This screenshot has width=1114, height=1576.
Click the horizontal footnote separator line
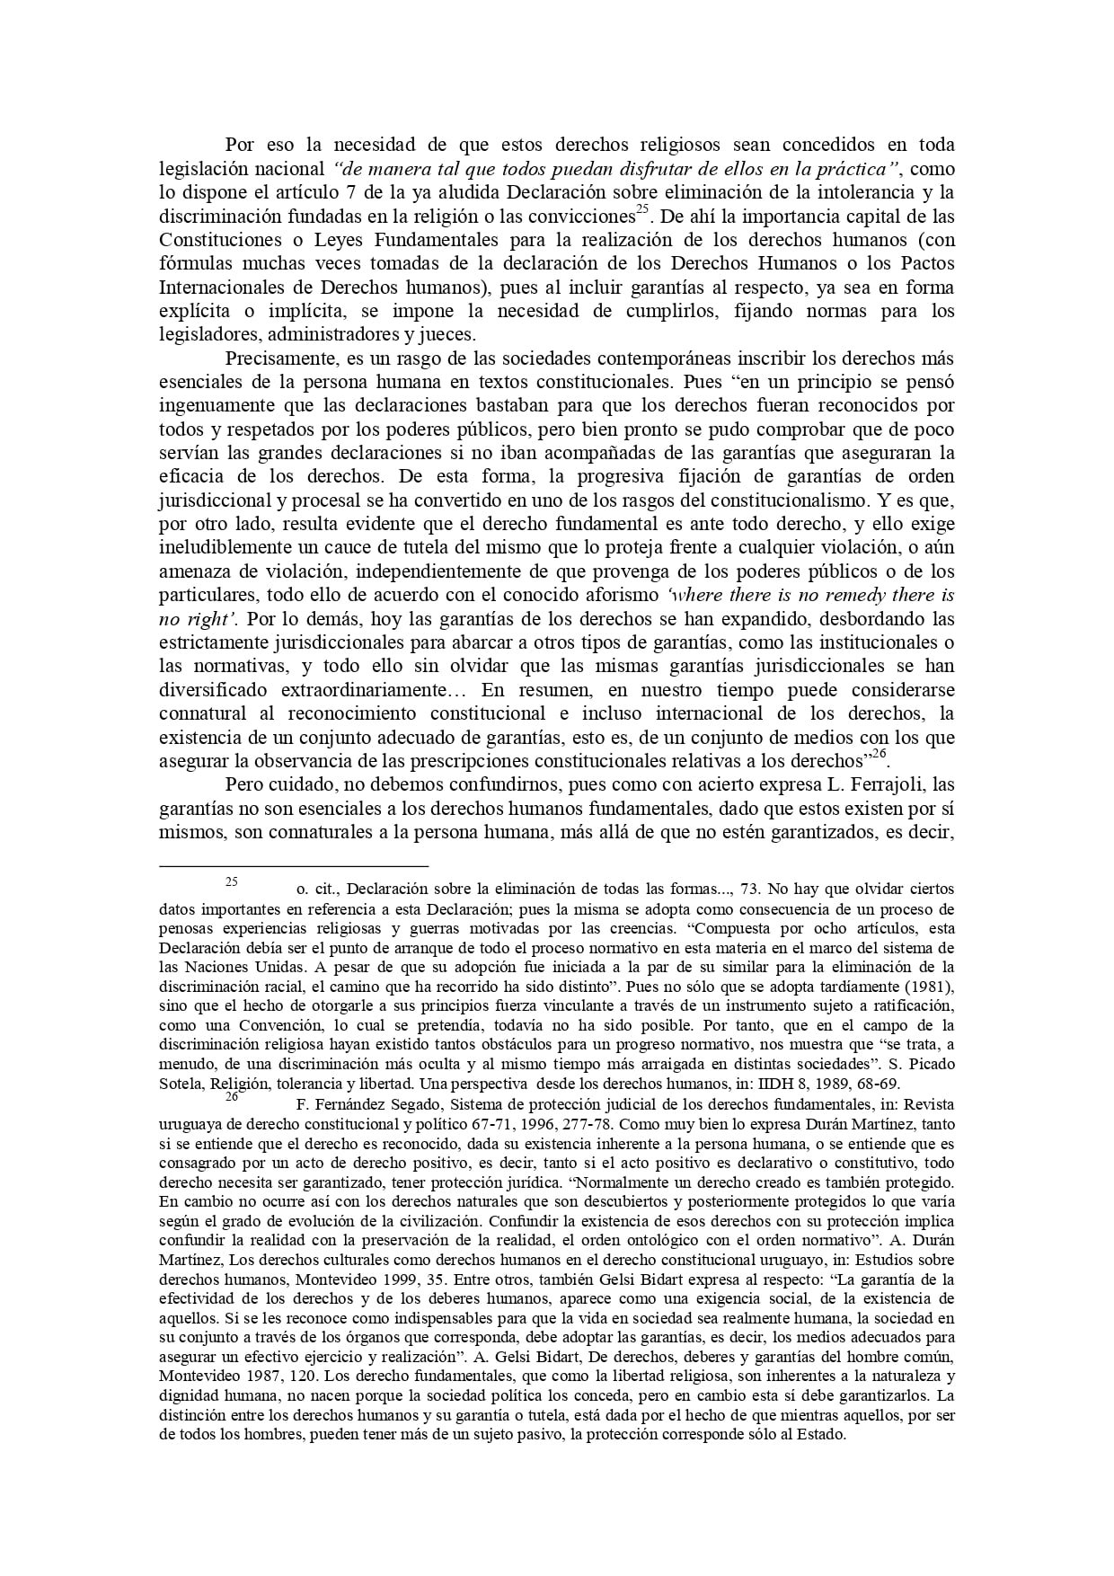(293, 866)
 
